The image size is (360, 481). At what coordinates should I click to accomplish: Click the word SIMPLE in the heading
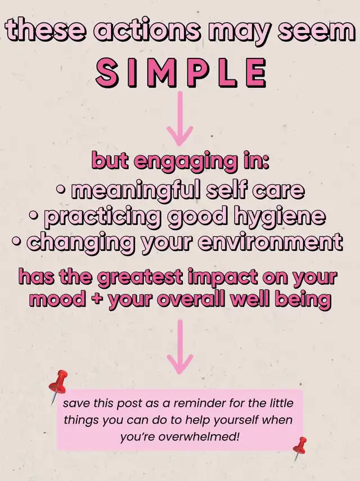181,73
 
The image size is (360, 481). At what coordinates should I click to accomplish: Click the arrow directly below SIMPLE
180,118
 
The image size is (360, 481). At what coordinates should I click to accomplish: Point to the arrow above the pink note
180,347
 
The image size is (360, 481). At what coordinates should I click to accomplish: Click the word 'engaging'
186,161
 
